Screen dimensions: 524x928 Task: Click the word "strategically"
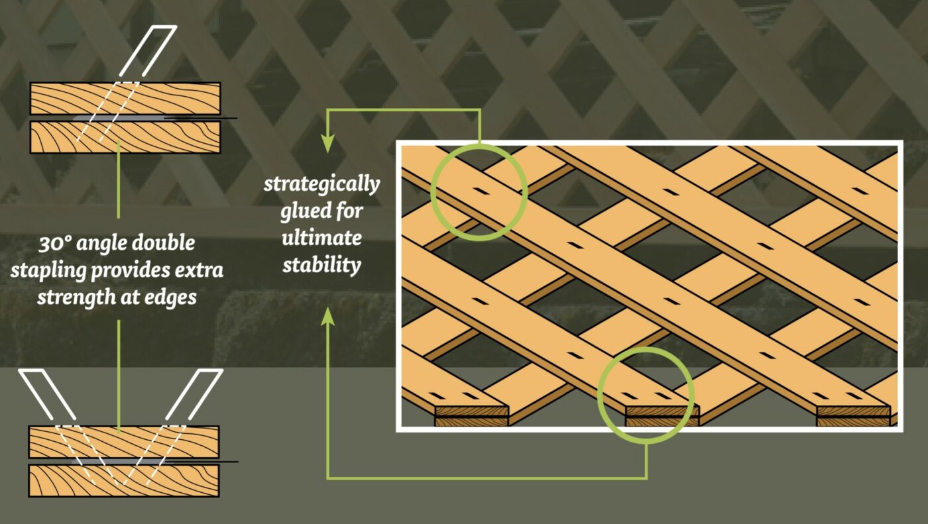[x=322, y=183]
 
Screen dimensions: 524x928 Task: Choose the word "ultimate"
[x=322, y=238]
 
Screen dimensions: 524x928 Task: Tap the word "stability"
[x=322, y=265]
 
